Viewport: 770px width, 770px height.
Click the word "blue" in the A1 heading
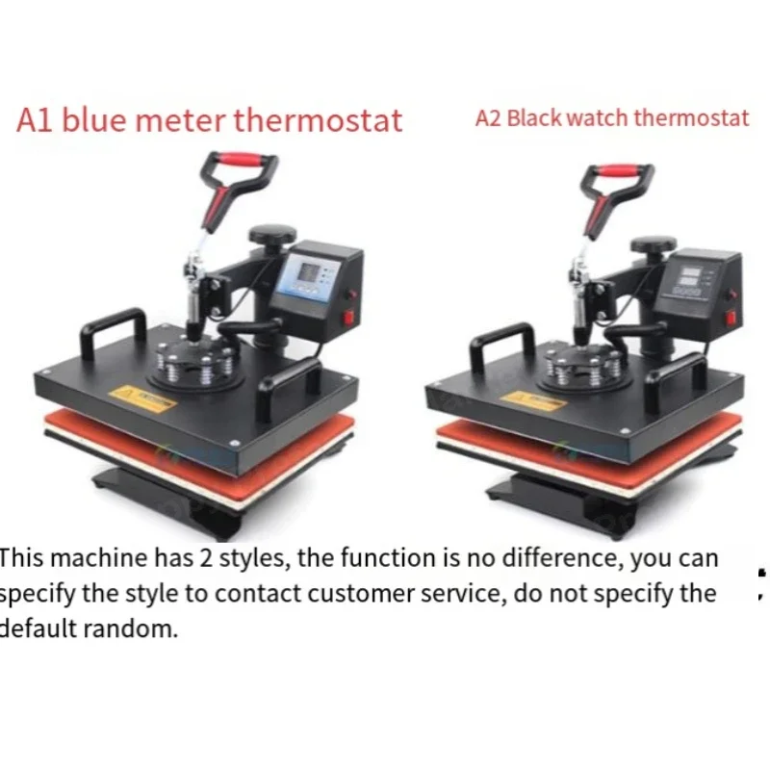point(93,119)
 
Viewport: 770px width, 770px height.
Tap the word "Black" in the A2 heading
point(533,117)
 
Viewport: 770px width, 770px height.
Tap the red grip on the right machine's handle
point(619,170)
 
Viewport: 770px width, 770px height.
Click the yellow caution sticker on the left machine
point(141,398)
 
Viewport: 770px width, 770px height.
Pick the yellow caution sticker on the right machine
point(533,400)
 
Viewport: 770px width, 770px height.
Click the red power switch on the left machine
point(348,318)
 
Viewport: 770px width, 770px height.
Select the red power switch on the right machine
point(731,318)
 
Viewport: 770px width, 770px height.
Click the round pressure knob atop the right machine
point(654,244)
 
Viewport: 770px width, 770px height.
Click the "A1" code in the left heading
point(35,120)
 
